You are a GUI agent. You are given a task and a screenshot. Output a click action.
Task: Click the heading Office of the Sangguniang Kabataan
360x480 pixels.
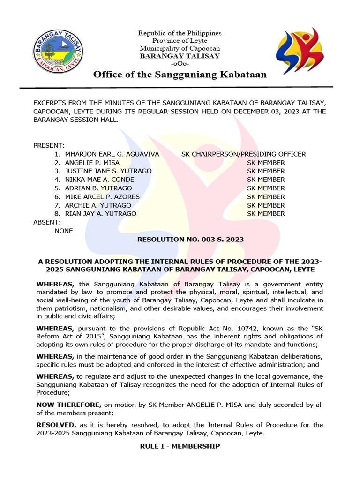tap(180, 75)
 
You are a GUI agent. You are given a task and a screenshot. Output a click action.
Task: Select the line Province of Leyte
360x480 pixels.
tap(180, 41)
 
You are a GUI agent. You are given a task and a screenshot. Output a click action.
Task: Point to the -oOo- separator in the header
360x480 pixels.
tap(180, 63)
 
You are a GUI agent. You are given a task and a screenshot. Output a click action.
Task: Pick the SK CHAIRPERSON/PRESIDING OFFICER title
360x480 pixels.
tap(243, 154)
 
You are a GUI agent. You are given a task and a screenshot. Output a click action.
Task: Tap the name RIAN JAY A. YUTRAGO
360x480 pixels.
tap(100, 214)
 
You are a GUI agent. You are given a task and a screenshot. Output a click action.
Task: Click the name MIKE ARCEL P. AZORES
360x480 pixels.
tap(102, 197)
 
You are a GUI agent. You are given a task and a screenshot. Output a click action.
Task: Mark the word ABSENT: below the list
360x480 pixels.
tap(47, 222)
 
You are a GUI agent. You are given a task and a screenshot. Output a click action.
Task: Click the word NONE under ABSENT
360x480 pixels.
tap(64, 231)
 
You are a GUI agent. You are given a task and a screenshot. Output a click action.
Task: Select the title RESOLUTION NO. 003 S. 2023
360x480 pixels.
tap(190, 240)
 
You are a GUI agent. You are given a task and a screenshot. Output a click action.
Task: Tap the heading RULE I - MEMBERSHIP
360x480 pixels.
tap(180, 446)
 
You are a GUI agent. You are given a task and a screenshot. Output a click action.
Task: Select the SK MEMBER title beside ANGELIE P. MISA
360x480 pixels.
tap(266, 163)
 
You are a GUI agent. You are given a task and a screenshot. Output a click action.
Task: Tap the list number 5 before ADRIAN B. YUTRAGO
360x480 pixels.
tap(57, 188)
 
